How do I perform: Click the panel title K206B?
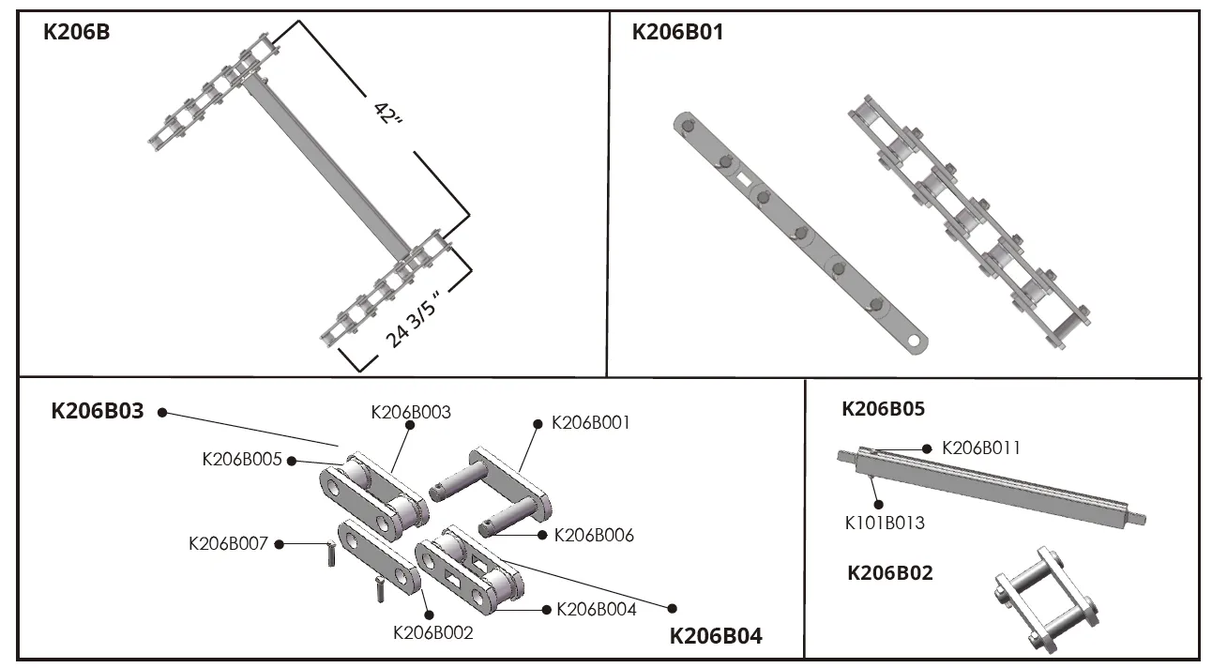coord(77,32)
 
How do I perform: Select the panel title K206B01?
coord(677,32)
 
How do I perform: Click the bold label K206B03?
coord(98,411)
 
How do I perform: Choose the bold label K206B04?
coord(716,636)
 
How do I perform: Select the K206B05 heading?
coord(883,409)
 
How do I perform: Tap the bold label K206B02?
coord(890,573)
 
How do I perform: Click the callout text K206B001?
coord(591,422)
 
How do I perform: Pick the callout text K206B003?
coord(411,411)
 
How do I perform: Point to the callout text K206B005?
coord(242,459)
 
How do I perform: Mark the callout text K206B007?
coord(228,542)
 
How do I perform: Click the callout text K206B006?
coord(594,535)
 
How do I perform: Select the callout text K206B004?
coord(597,609)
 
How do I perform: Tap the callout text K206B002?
coord(432,632)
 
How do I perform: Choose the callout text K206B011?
coord(980,448)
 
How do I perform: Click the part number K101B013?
coord(885,523)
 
